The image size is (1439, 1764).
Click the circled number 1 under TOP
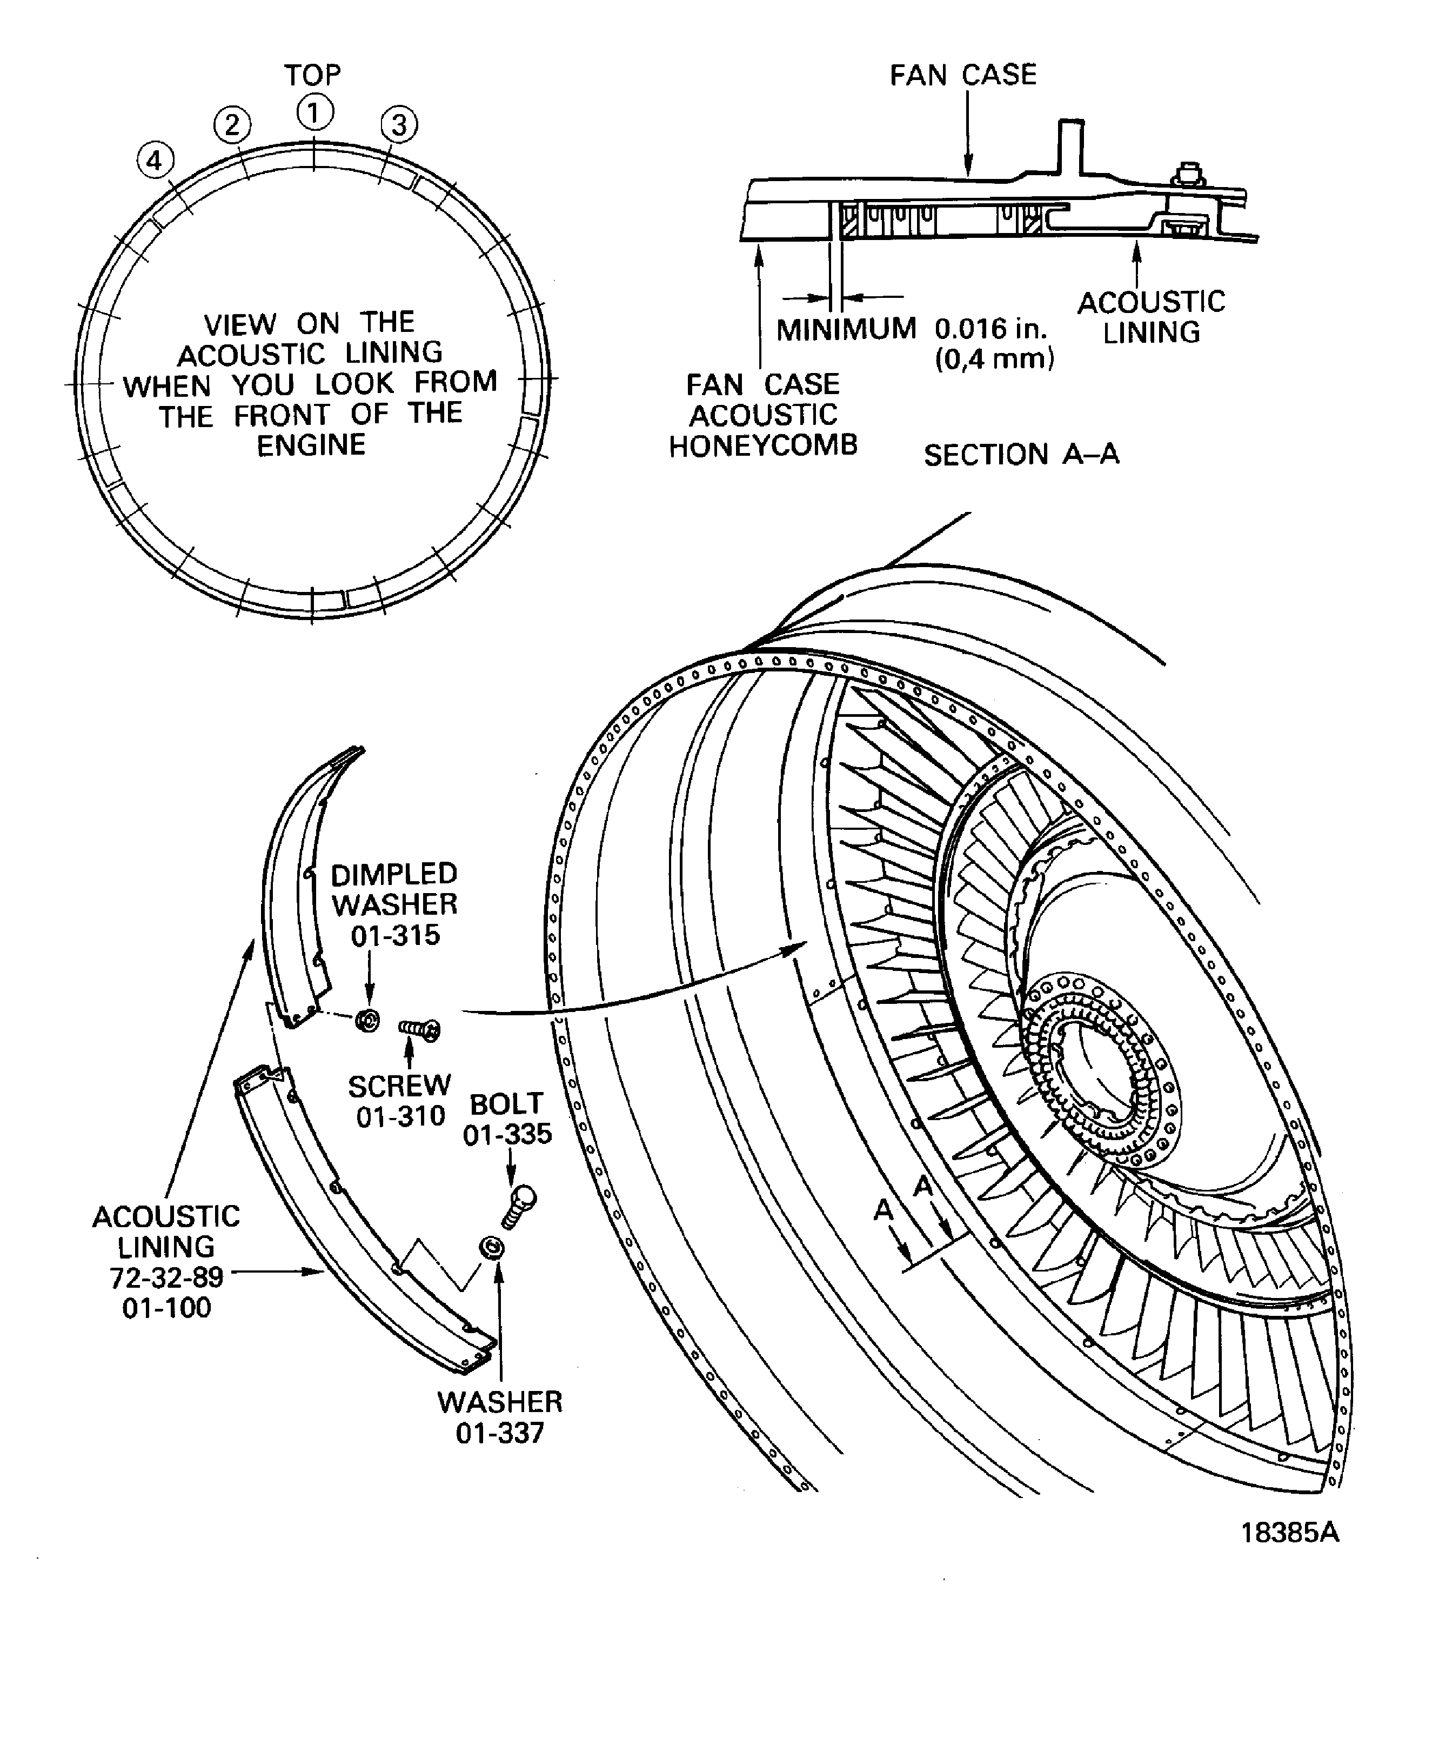click(314, 113)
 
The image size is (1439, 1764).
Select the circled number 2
click(232, 124)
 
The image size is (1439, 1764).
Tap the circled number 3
click(399, 125)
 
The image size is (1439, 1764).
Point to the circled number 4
click(156, 160)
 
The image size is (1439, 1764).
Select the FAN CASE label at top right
click(962, 76)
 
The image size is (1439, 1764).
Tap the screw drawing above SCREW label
click(419, 1029)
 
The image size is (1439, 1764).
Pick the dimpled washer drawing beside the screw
click(367, 1020)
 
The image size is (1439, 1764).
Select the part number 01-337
click(500, 1433)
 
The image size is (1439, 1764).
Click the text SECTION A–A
click(1021, 455)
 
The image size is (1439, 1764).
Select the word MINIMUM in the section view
click(846, 329)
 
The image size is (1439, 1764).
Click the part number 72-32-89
click(166, 1277)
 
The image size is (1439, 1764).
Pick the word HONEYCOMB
click(762, 446)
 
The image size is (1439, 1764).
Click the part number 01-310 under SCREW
click(401, 1116)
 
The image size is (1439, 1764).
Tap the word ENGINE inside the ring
click(311, 445)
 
